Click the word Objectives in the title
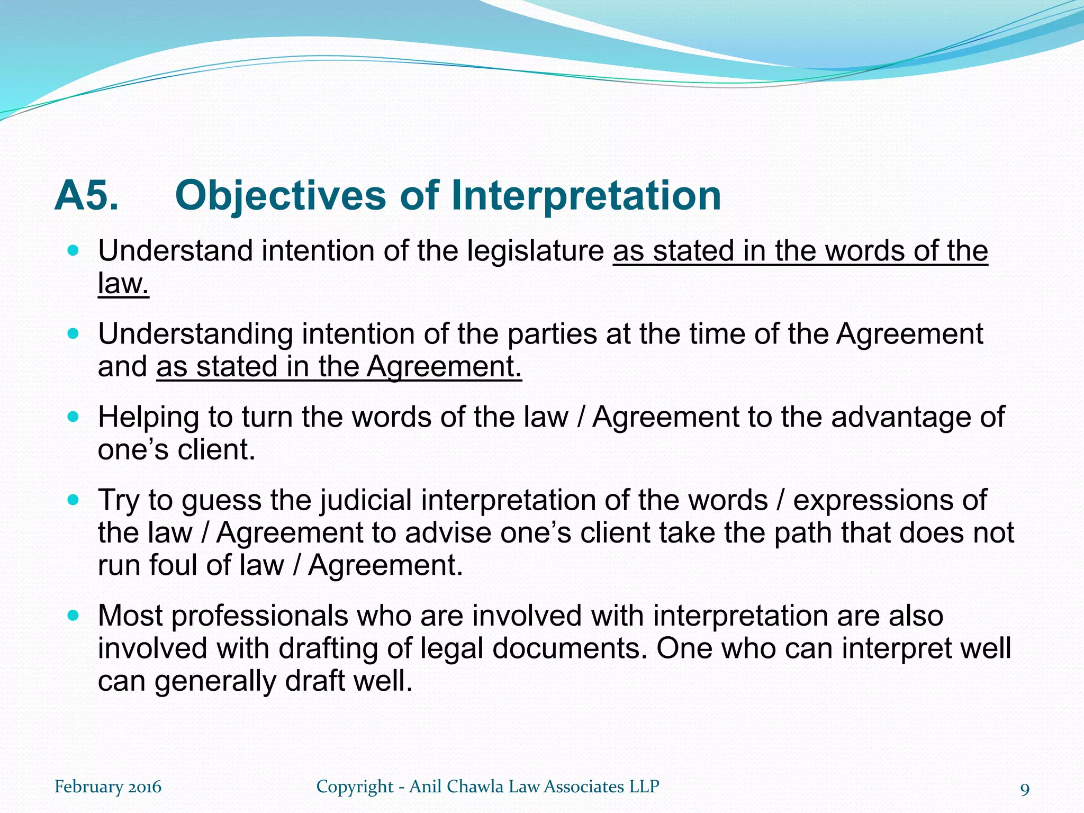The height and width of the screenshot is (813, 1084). [x=281, y=196]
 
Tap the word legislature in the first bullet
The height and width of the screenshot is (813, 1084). [x=535, y=251]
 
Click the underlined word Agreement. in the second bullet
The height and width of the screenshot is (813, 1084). [x=444, y=367]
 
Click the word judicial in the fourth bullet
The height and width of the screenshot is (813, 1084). [x=366, y=500]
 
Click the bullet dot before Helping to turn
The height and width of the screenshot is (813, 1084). [x=74, y=417]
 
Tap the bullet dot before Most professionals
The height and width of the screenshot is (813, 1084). [x=74, y=616]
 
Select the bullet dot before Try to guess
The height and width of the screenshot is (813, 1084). [x=74, y=500]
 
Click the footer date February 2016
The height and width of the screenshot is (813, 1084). [x=108, y=787]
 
